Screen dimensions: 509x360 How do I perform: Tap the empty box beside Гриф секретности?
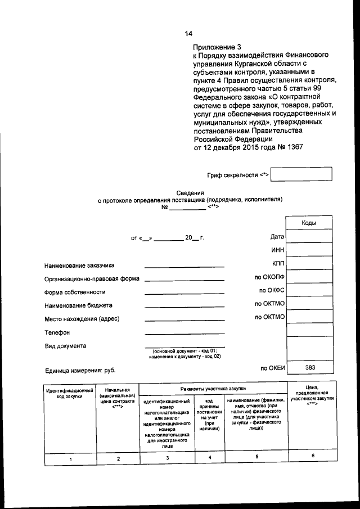pos(300,175)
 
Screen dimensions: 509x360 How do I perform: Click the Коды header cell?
pos(309,223)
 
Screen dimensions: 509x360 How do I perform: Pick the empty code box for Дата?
pos(309,237)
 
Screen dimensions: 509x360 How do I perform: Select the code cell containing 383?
pos(309,368)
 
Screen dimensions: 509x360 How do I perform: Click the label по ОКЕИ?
pos(273,368)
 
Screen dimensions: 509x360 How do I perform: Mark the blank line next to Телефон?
pos(184,334)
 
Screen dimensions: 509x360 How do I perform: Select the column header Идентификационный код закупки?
pos(70,393)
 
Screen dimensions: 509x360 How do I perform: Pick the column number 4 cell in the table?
pos(209,458)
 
